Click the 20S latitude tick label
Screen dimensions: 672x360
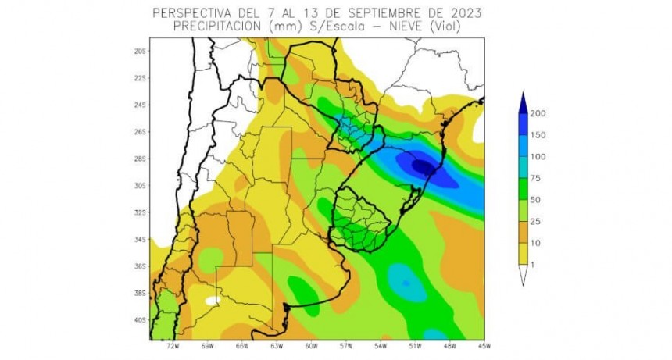[x=140, y=51]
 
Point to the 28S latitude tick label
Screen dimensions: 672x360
[x=140, y=159]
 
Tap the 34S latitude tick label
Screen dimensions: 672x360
[x=140, y=239]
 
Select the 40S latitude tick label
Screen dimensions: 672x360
[x=140, y=319]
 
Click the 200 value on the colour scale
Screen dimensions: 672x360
[x=538, y=113]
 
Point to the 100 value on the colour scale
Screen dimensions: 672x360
[x=538, y=157]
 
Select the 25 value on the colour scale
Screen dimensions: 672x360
[x=535, y=222]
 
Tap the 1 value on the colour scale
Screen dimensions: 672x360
[x=533, y=266]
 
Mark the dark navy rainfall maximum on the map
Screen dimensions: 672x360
[x=424, y=166]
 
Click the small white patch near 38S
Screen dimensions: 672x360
[x=212, y=298]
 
